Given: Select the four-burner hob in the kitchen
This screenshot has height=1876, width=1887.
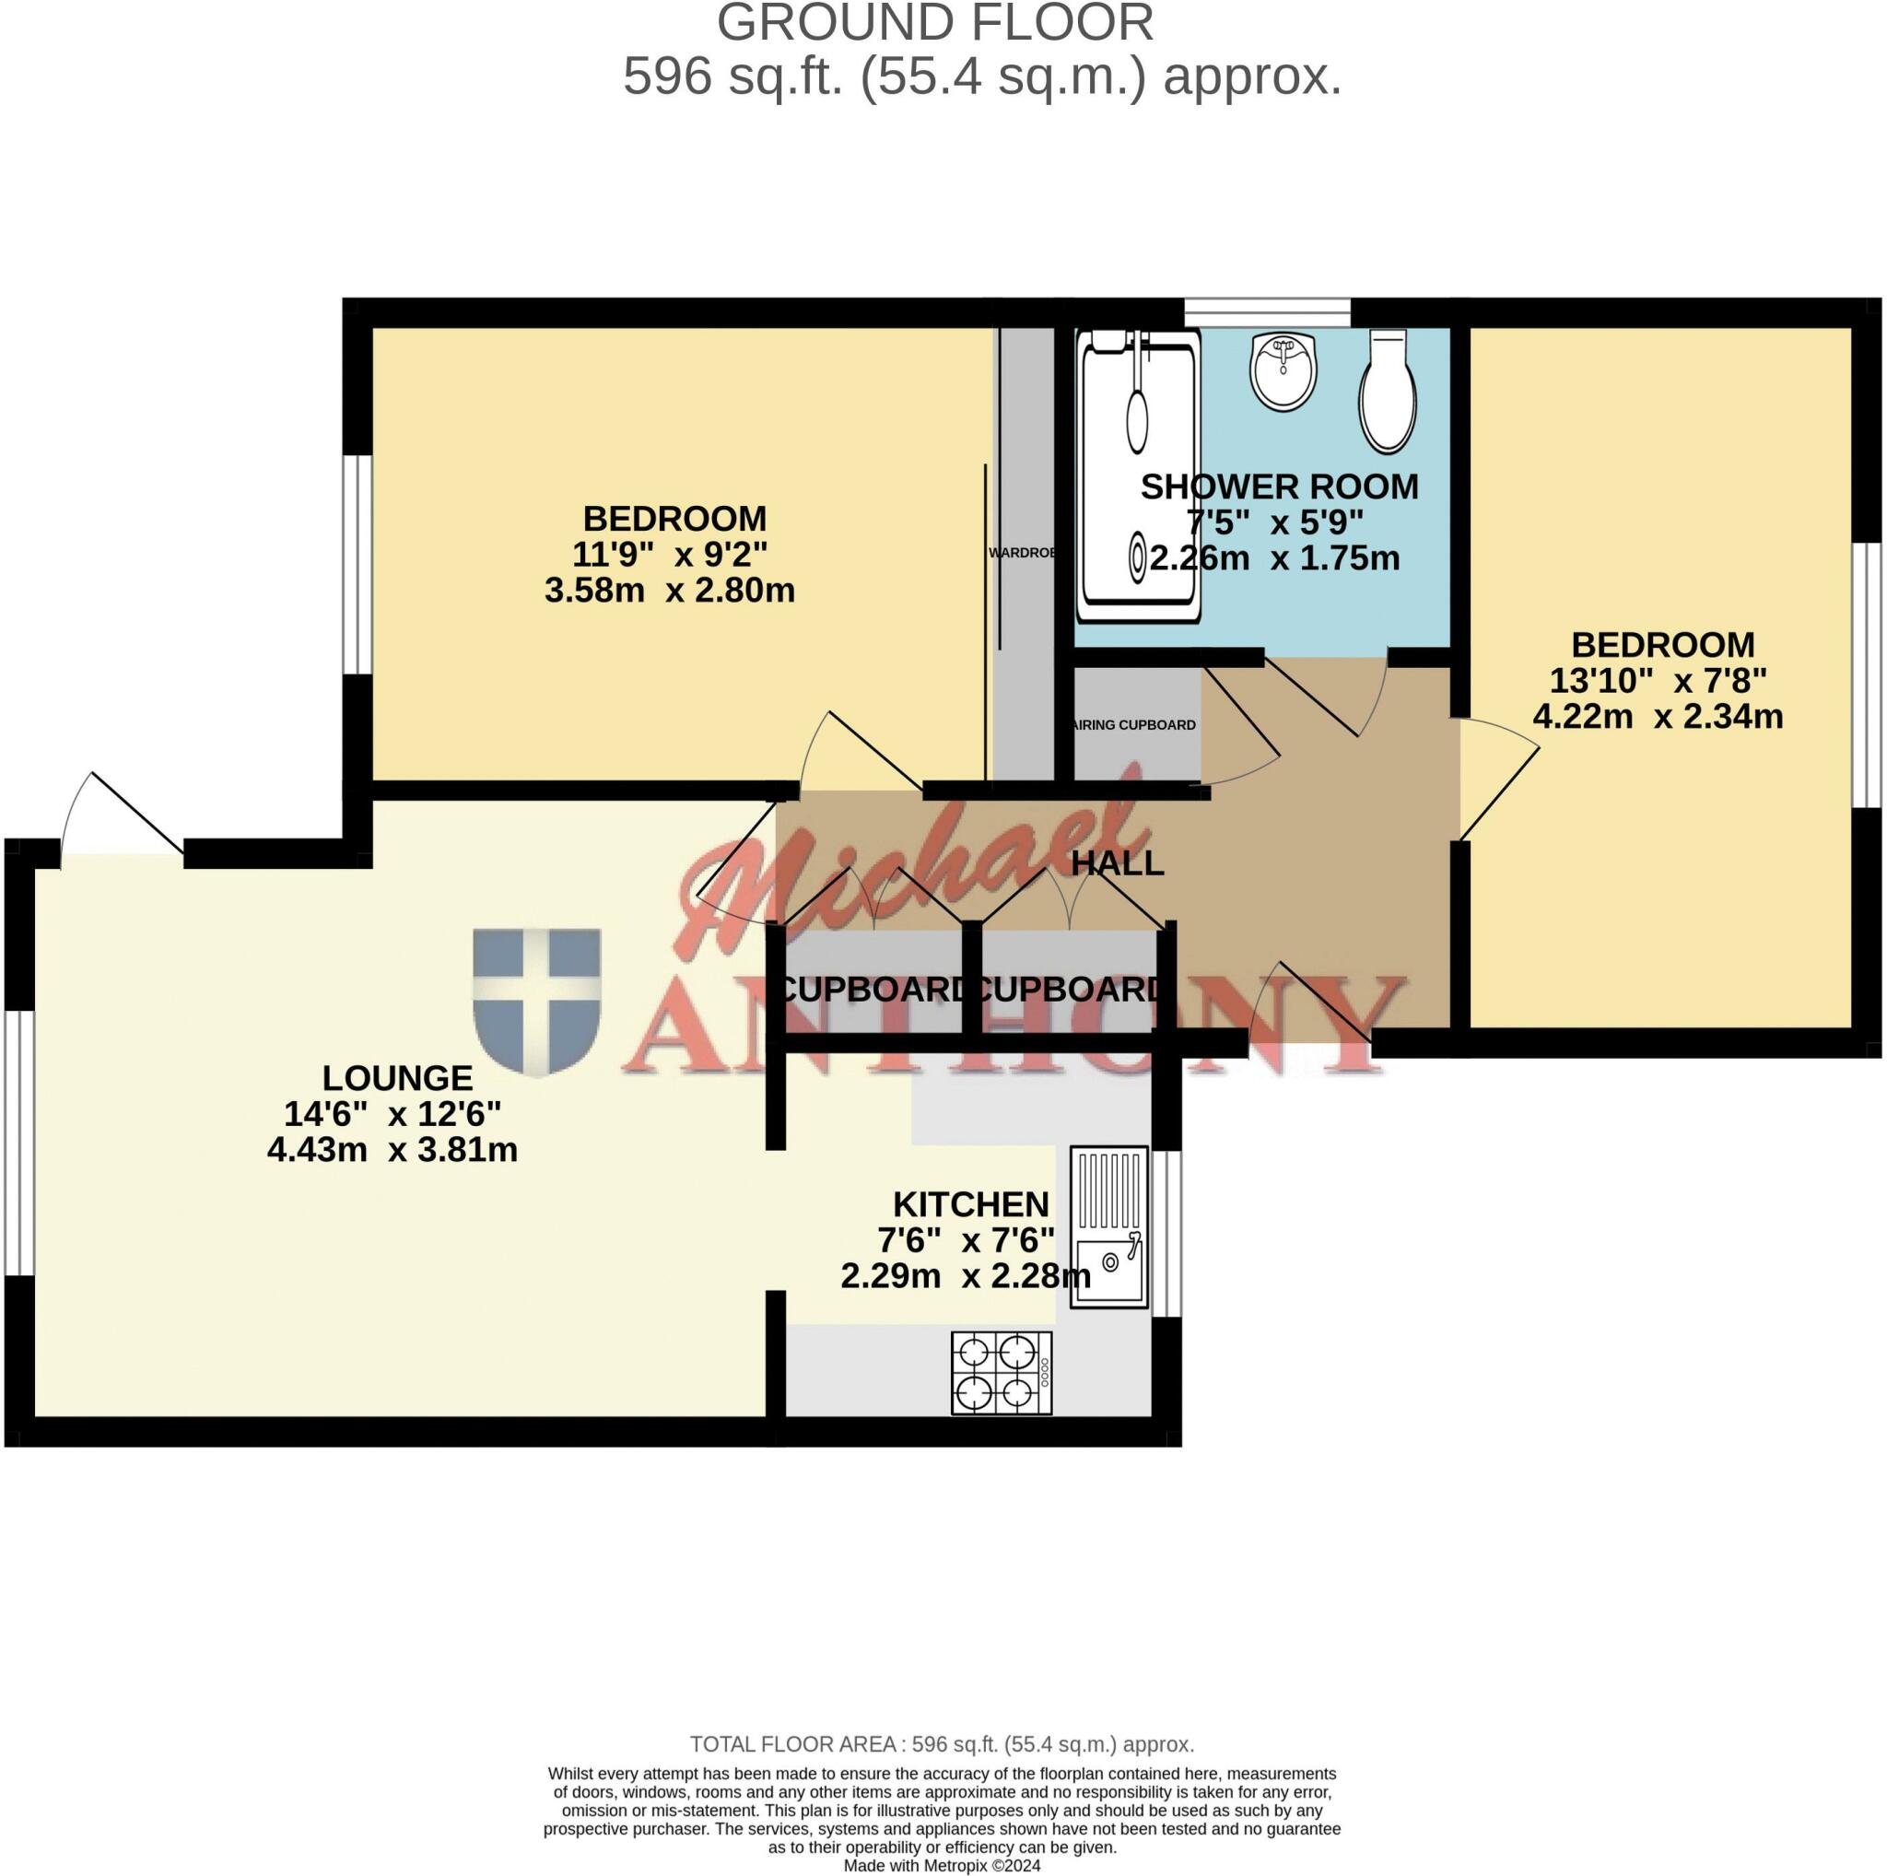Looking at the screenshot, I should [1002, 1372].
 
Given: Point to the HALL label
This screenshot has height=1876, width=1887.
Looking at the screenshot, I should [1118, 863].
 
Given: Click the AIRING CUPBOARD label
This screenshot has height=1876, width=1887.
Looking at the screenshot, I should [1134, 724].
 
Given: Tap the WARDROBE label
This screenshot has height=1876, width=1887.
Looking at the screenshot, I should [1022, 553].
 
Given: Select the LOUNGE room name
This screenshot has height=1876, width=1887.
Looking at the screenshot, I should [397, 1077].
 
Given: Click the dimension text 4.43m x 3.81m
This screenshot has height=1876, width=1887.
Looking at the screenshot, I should [392, 1149].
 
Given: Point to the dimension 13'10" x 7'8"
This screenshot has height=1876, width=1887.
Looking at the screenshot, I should [1658, 680].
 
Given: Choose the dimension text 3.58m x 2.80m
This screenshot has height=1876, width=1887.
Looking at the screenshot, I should [669, 591].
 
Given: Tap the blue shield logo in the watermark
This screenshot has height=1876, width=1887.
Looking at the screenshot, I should [536, 1001].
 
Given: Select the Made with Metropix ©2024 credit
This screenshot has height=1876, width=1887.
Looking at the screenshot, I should [942, 1865].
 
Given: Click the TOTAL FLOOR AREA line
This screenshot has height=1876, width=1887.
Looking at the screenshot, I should [942, 1744].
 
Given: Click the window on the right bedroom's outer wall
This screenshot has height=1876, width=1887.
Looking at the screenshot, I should [1867, 675].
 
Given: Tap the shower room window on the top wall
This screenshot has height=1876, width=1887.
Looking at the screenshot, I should [1267, 311].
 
